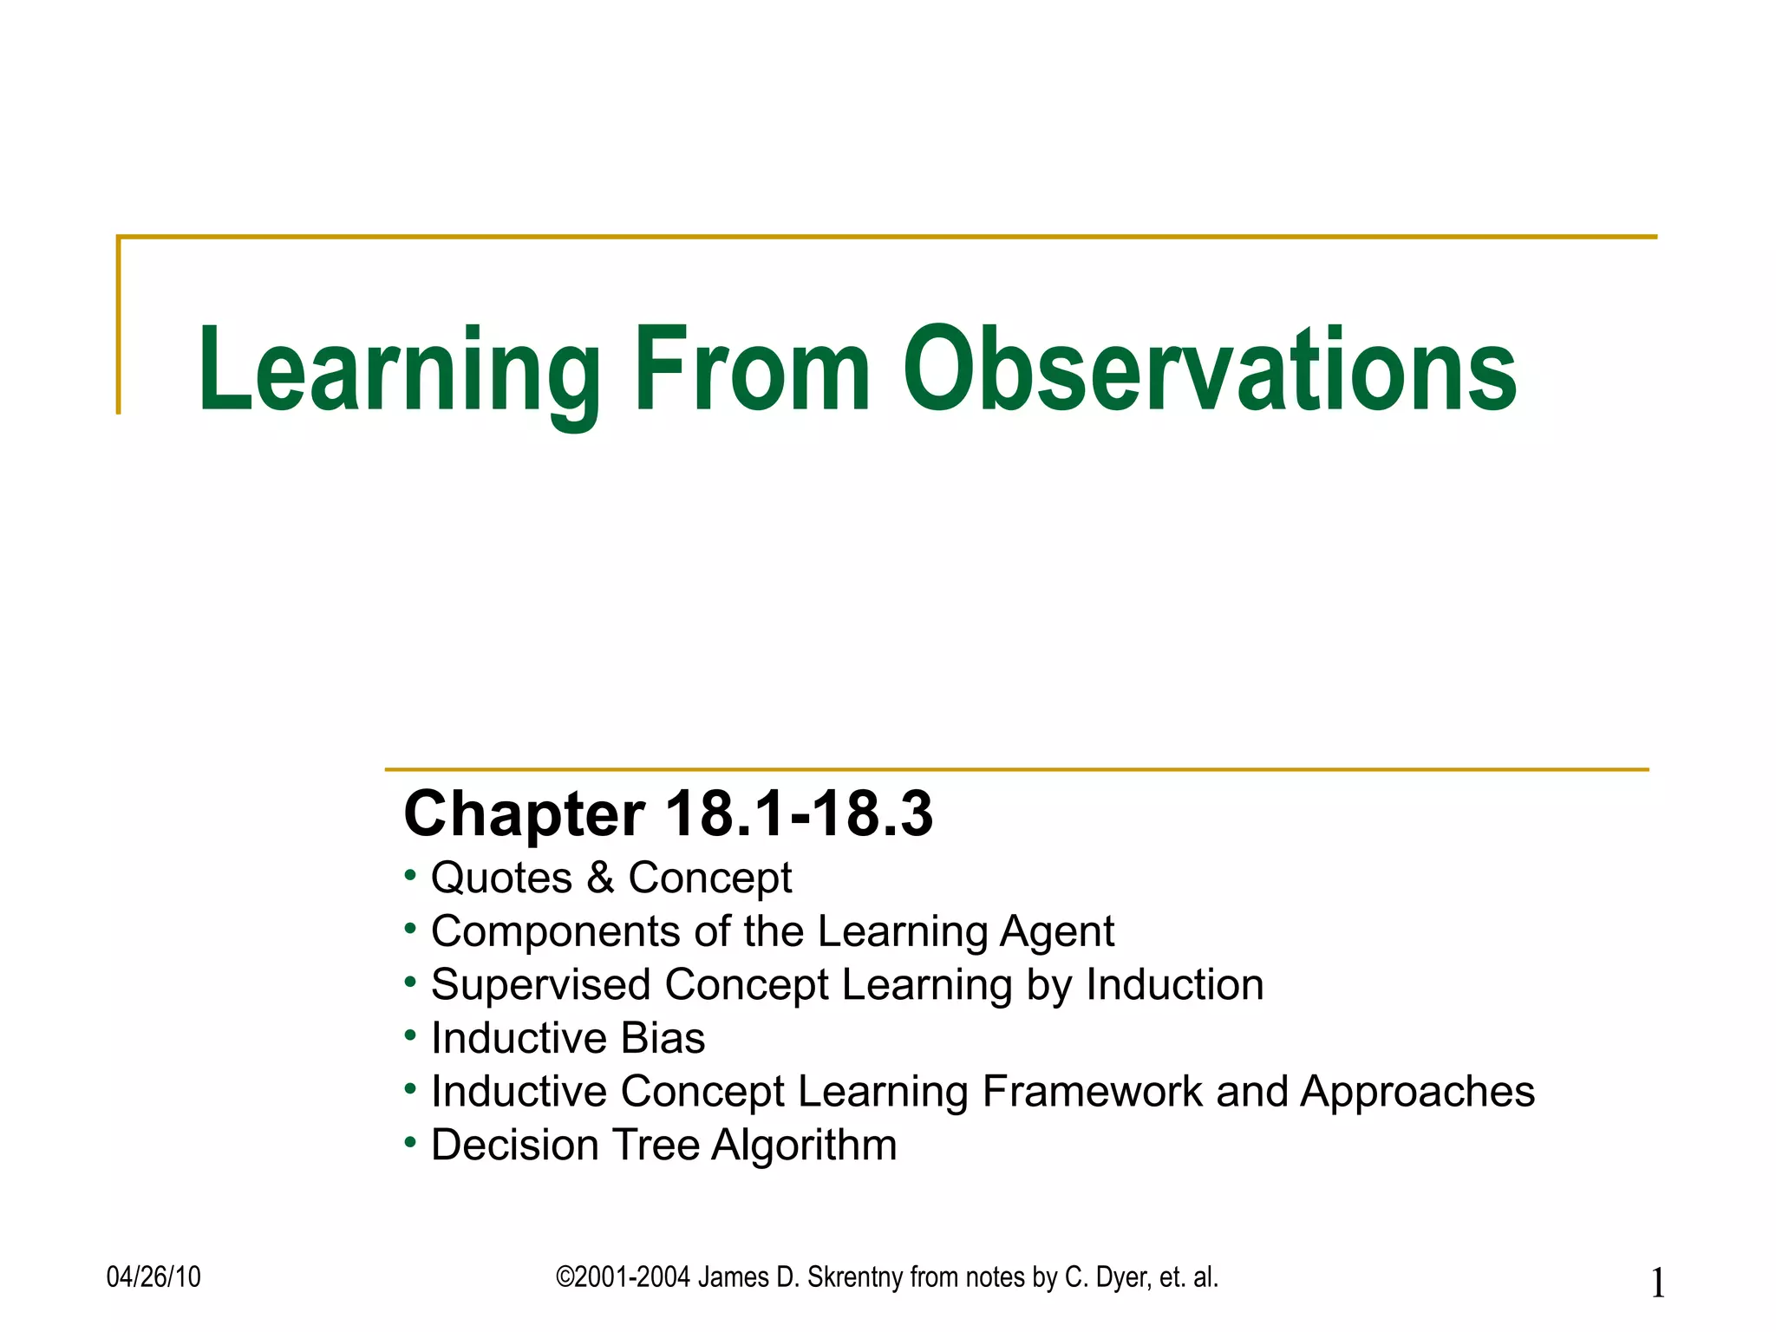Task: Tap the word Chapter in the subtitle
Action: click(x=525, y=814)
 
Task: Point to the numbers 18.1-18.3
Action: click(x=799, y=814)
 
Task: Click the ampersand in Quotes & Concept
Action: click(x=600, y=878)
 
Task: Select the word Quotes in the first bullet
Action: click(x=501, y=878)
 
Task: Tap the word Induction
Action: click(x=1175, y=985)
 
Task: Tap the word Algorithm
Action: click(x=804, y=1146)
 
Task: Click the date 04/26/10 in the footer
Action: click(x=153, y=1277)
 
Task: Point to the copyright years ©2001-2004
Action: click(x=623, y=1277)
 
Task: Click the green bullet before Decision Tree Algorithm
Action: click(x=410, y=1141)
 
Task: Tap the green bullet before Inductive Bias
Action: click(x=410, y=1035)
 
